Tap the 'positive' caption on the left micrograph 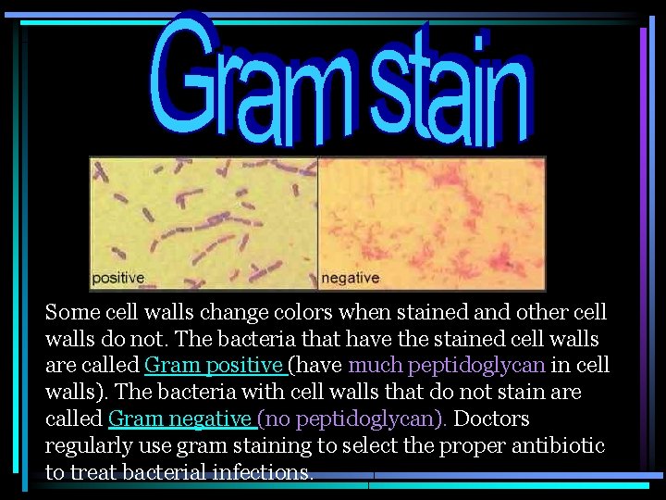[x=117, y=277]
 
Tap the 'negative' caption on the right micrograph [x=350, y=277]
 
